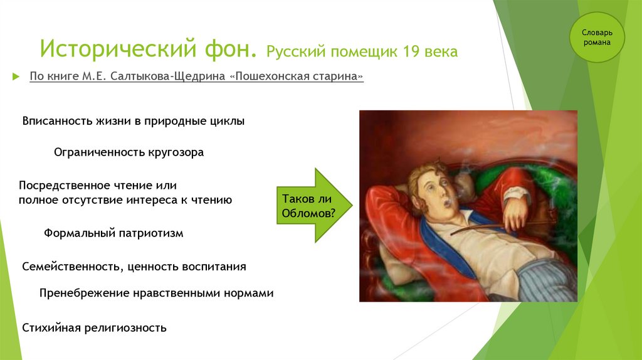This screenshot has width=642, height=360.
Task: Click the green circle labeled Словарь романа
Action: coord(597,37)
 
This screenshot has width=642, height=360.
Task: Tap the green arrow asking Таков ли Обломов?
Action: coord(314,205)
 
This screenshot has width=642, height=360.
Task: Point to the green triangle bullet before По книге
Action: coord(16,77)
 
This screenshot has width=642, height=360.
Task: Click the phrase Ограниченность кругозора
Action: coord(129,152)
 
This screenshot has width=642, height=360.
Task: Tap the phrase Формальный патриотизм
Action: coord(113,233)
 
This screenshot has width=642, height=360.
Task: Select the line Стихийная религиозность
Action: coord(94,328)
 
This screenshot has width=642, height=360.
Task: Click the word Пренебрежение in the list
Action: coord(85,294)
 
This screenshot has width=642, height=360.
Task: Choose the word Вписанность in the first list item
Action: coord(57,121)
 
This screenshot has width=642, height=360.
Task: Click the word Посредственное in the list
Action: coord(65,186)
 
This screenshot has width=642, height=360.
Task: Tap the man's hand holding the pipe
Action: coord(516,213)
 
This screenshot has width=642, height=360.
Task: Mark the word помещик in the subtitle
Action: coord(364,52)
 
